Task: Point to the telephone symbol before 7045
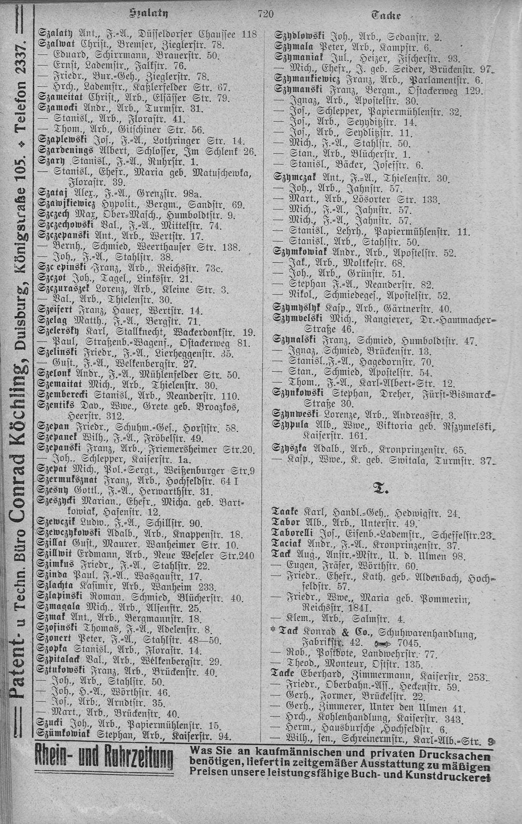[x=383, y=643]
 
